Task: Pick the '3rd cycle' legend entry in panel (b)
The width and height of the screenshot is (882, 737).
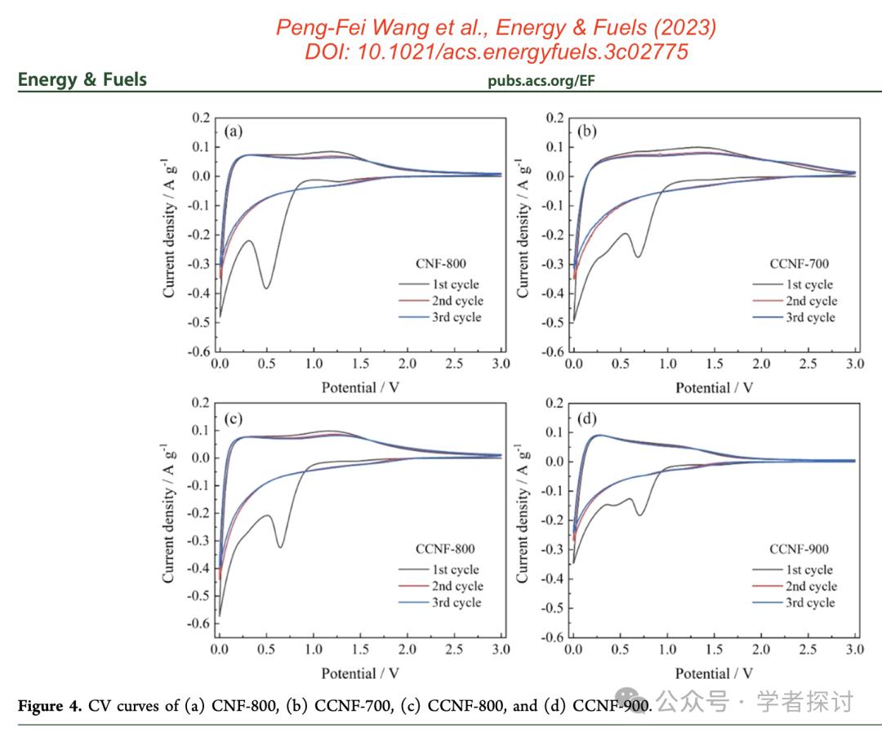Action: click(809, 317)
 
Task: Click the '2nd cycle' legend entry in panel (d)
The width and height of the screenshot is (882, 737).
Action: click(809, 586)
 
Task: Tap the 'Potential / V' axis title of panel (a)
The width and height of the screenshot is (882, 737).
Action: click(359, 386)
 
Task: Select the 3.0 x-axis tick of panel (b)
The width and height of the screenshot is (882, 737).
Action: click(854, 363)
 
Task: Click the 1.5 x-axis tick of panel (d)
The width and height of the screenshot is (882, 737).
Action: click(715, 649)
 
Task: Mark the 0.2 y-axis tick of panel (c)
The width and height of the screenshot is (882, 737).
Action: click(200, 403)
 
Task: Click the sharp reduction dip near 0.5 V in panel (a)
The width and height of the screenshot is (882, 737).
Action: click(266, 288)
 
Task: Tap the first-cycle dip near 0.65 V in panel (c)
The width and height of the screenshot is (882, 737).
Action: click(280, 546)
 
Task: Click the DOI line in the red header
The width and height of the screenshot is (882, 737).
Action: click(496, 51)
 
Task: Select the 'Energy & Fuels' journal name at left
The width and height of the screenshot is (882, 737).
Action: click(82, 80)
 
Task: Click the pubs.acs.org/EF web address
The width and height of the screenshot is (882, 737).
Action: click(541, 81)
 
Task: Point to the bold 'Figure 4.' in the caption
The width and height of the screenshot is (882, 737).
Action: click(49, 706)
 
